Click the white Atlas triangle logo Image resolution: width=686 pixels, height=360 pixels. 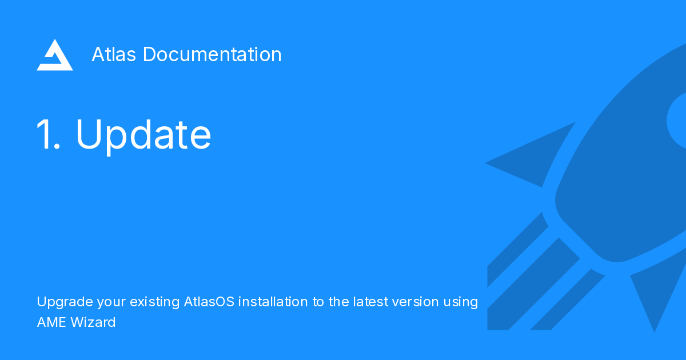coord(54,55)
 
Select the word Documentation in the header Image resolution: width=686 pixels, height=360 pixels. coord(212,54)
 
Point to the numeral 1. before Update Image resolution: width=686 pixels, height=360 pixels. coord(47,135)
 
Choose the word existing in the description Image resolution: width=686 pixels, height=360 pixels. coord(154,302)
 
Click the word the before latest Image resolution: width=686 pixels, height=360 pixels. coord(337,301)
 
